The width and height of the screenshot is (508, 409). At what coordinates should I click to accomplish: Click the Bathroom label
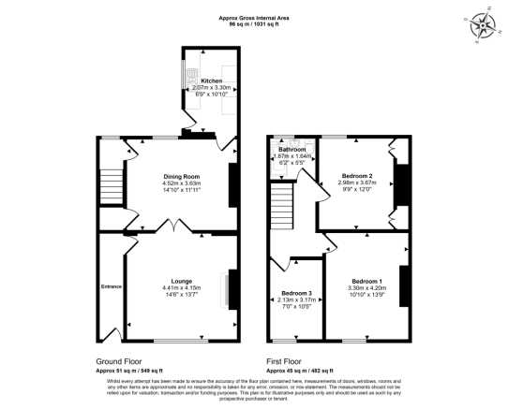coord(291,150)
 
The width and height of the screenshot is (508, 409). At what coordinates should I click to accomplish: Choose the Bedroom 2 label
coord(357,176)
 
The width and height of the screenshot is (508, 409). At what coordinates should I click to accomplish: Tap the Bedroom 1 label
coord(366,282)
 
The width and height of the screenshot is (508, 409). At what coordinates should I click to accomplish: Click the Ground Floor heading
coord(120,360)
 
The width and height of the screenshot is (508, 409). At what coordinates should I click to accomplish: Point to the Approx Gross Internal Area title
coord(256,16)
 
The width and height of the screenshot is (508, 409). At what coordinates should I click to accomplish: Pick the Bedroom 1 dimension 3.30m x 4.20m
coord(366,289)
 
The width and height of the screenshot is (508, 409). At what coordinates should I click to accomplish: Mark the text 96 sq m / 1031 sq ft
coord(256,23)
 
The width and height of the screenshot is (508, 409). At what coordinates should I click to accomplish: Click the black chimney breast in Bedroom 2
coord(401,183)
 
